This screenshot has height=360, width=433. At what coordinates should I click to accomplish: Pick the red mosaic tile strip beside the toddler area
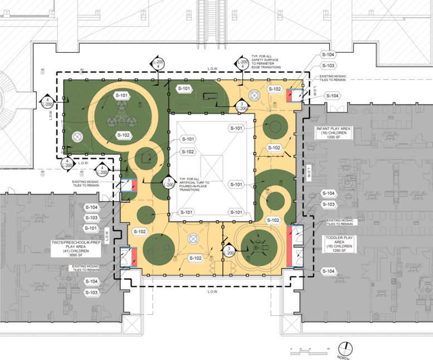pos(290,246)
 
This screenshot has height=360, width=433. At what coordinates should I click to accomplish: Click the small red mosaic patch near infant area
pos(290,96)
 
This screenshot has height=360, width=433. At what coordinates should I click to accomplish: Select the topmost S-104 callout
pos(328,55)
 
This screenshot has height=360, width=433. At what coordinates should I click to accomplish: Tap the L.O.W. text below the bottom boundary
pos(212,291)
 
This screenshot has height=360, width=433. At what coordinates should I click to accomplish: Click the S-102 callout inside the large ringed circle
pos(124,135)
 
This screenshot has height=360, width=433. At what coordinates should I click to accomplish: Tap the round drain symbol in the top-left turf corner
pos(77,136)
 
